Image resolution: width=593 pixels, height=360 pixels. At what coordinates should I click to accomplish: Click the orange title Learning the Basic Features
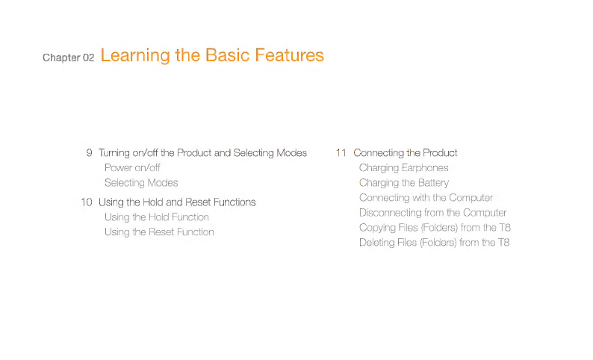pyautogui.click(x=212, y=55)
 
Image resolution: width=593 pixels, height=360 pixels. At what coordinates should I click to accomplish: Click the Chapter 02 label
pyautogui.click(x=69, y=58)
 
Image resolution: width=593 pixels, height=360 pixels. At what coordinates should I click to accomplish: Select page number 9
pyautogui.click(x=90, y=153)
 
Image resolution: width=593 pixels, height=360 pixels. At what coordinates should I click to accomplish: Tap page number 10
pyautogui.click(x=87, y=202)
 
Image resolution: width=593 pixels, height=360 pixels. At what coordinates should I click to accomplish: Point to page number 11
pyautogui.click(x=341, y=153)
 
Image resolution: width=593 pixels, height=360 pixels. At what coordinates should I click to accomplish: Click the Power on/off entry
pyautogui.click(x=132, y=167)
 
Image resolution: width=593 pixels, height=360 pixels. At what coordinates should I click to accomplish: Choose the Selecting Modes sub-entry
pyautogui.click(x=141, y=183)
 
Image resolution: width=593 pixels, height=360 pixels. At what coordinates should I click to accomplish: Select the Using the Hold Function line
pyautogui.click(x=157, y=217)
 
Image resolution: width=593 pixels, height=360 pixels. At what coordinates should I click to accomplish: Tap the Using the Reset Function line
pyautogui.click(x=159, y=232)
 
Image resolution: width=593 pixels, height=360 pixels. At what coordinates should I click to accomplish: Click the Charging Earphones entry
pyautogui.click(x=404, y=168)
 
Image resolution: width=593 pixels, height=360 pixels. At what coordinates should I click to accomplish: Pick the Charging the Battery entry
pyautogui.click(x=404, y=183)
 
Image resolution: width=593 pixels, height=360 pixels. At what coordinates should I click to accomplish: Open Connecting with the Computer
pyautogui.click(x=426, y=198)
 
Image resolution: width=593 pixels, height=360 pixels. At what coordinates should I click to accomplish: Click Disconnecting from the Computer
pyautogui.click(x=433, y=213)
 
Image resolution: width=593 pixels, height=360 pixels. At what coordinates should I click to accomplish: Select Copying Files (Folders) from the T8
pyautogui.click(x=435, y=228)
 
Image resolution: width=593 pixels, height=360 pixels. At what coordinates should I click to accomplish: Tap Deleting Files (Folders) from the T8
pyautogui.click(x=435, y=243)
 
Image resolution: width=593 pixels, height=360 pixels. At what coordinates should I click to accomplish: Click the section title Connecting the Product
pyautogui.click(x=406, y=153)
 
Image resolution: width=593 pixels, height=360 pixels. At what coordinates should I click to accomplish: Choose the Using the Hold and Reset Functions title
pyautogui.click(x=177, y=202)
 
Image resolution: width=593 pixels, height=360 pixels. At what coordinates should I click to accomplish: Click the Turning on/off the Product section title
pyautogui.click(x=202, y=153)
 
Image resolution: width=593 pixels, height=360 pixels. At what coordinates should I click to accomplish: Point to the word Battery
pyautogui.click(x=434, y=183)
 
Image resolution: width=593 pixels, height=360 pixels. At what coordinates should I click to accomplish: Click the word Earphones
pyautogui.click(x=425, y=168)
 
